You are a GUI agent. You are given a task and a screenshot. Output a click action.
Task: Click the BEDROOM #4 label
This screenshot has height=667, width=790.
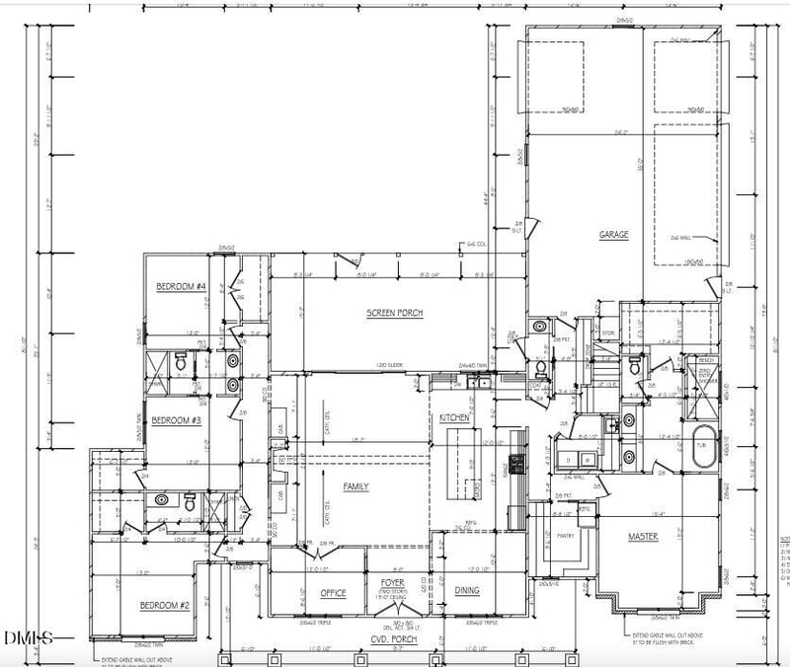coord(181,286)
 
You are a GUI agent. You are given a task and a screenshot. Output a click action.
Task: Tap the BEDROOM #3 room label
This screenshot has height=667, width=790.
coord(177,421)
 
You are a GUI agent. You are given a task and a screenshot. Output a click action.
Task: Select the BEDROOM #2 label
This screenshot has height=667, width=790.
coord(164,604)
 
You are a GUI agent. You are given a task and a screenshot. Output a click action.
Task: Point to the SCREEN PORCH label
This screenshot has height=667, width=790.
coord(394,313)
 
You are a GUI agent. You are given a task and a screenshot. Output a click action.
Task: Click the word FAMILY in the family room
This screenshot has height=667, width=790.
coord(355,486)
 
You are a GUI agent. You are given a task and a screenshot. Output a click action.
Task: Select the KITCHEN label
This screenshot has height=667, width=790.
coord(454,419)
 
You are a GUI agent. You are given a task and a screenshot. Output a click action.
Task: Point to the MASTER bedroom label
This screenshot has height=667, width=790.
coord(644,537)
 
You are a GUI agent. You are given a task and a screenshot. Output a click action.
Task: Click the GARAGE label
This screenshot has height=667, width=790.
coord(613,235)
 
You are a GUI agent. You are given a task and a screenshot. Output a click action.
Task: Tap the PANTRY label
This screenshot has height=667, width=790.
coord(565,536)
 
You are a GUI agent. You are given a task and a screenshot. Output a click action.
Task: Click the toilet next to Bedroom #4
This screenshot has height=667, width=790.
coord(180,364)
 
